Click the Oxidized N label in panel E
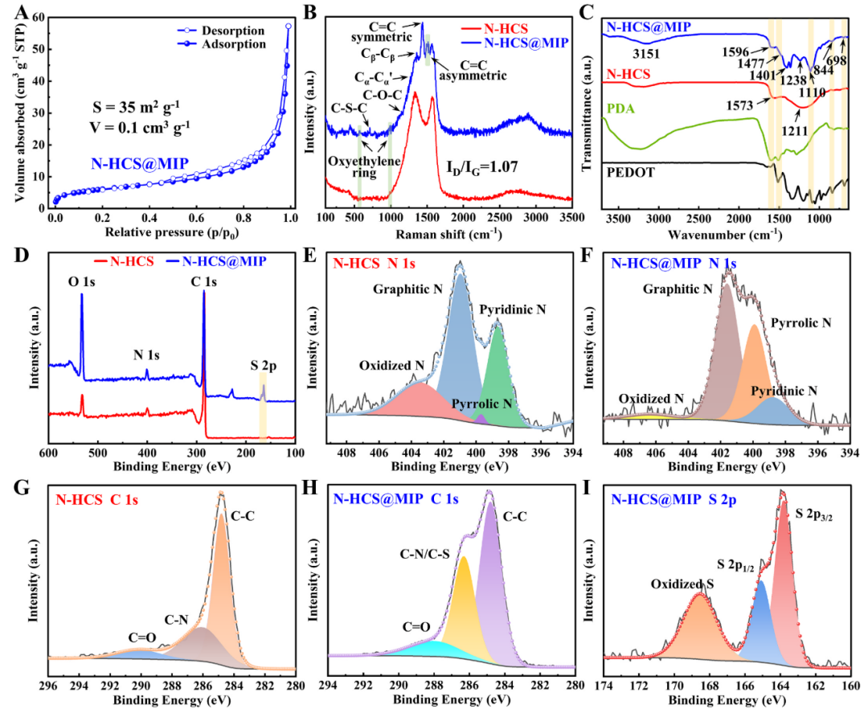click(392, 366)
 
